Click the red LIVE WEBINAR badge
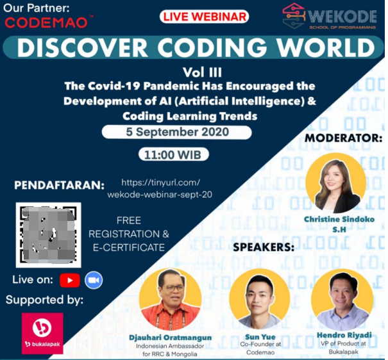tap(204, 17)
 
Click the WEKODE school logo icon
tap(294, 16)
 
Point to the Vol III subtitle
tap(202, 72)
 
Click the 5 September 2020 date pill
tap(176, 132)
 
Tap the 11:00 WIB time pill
tap(173, 154)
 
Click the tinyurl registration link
tap(160, 188)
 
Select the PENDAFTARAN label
tap(59, 185)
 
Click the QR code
tap(49, 234)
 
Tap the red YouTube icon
tap(70, 280)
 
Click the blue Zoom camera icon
tap(94, 280)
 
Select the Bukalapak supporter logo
tap(42, 333)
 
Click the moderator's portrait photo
tap(336, 183)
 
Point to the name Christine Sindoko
tap(339, 219)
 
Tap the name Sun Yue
tap(260, 337)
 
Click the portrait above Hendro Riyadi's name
tap(342, 300)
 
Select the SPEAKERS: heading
tap(264, 247)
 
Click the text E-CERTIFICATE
tap(129, 247)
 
